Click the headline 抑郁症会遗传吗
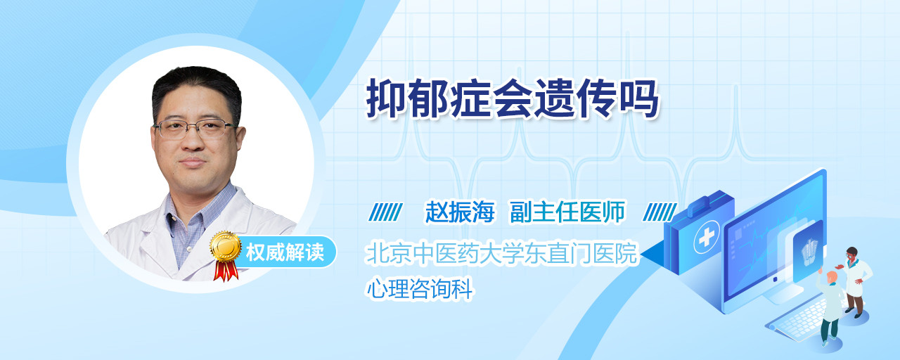(x=513, y=99)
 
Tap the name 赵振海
(x=460, y=212)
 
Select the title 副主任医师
(x=567, y=212)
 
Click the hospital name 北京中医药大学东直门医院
(x=502, y=253)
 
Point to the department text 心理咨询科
(x=420, y=288)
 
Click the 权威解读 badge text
(x=285, y=252)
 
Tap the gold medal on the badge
(x=226, y=245)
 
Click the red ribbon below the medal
(x=226, y=271)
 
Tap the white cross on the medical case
(x=706, y=238)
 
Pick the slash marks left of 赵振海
(x=385, y=212)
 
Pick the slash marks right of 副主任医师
(x=660, y=212)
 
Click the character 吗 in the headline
(x=639, y=99)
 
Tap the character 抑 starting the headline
(x=386, y=99)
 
